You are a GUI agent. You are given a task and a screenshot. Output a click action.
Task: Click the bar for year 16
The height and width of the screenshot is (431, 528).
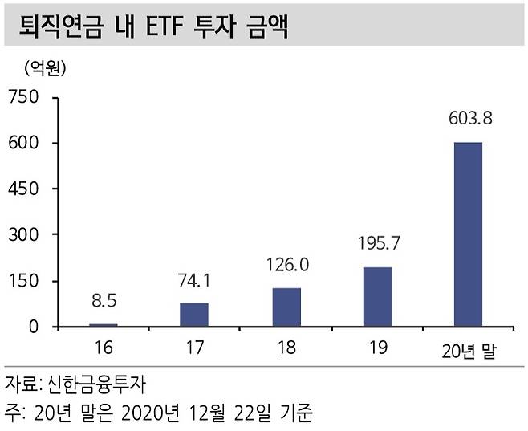pyautogui.click(x=103, y=324)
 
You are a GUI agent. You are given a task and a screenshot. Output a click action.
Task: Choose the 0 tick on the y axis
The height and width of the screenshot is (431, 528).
pyautogui.click(x=35, y=327)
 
